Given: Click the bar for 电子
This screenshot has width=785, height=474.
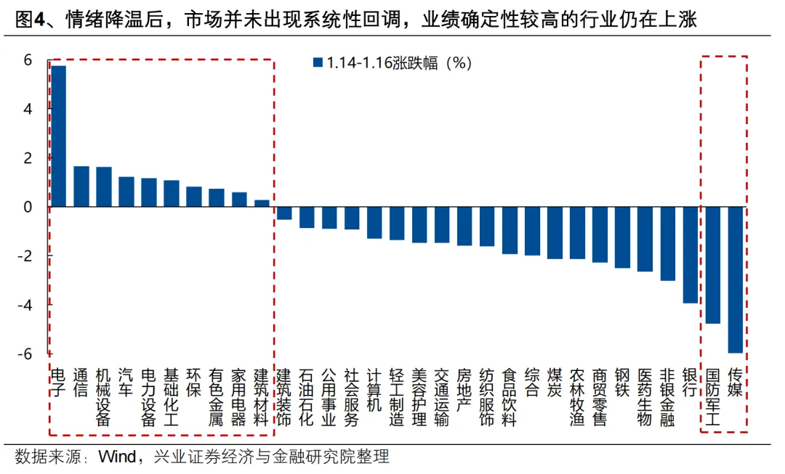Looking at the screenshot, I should [59, 136].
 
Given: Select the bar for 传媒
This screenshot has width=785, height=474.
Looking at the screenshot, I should [735, 279].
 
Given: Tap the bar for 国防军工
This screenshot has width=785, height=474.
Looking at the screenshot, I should [712, 265].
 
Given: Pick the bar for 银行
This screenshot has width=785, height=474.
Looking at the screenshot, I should [690, 255].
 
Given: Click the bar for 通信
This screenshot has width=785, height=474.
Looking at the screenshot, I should [81, 187].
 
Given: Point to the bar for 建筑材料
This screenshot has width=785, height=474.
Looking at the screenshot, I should [262, 203].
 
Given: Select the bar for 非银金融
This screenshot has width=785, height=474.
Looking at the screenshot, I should [667, 244].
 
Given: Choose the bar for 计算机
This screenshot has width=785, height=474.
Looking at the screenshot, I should [374, 223].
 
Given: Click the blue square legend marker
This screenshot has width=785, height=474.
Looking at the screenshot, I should [318, 62].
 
